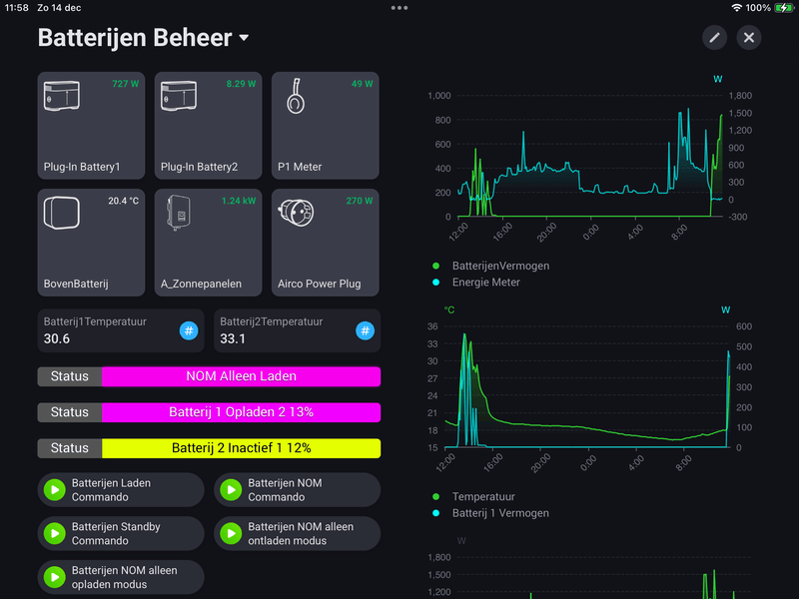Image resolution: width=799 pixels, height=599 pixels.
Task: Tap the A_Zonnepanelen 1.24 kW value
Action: (x=239, y=201)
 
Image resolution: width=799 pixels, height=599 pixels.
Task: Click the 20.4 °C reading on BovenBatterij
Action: (x=123, y=201)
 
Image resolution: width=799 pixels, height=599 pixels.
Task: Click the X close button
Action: (x=749, y=38)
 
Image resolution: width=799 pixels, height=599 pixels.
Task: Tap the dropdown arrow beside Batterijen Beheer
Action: (x=244, y=39)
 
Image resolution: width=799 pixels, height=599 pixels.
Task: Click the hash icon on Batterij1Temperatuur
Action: (x=189, y=330)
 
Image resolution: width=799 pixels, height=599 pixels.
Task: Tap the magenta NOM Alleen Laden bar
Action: (x=241, y=376)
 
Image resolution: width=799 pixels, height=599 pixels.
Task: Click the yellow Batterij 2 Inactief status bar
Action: (x=241, y=448)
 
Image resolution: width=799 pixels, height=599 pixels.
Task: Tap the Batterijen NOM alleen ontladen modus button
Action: (x=298, y=533)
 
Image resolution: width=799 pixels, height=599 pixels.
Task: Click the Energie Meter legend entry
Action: (x=485, y=283)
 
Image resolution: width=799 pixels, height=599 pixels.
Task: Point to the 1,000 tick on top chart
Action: (x=439, y=96)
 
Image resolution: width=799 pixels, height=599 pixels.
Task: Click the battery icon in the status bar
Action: (x=784, y=7)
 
